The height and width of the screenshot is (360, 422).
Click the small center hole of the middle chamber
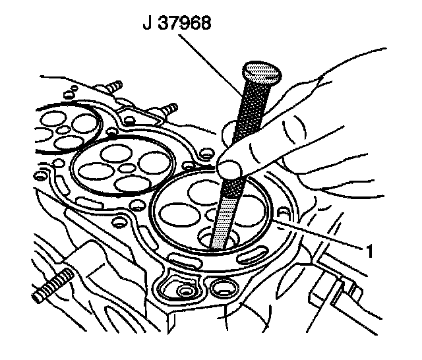pos(125,167)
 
